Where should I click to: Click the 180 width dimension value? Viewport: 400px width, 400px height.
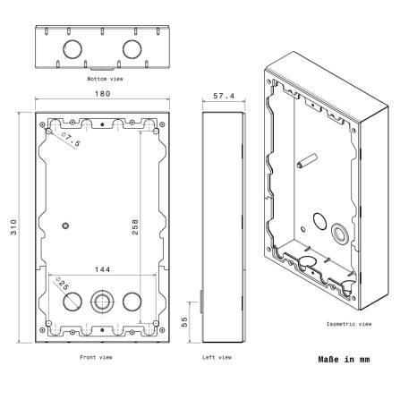(103, 94)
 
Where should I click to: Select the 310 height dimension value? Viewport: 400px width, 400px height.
(13, 227)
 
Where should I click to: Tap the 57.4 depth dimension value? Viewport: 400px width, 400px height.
(224, 96)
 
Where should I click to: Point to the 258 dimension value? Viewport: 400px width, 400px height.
(135, 227)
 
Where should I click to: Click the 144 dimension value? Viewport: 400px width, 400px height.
(103, 269)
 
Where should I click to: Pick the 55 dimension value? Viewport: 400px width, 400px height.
(184, 322)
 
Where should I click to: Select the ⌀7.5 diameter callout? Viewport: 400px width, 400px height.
(71, 140)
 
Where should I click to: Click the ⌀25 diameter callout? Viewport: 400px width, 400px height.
(62, 284)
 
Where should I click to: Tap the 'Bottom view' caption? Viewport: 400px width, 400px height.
(105, 79)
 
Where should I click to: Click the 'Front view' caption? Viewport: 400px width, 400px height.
(96, 357)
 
